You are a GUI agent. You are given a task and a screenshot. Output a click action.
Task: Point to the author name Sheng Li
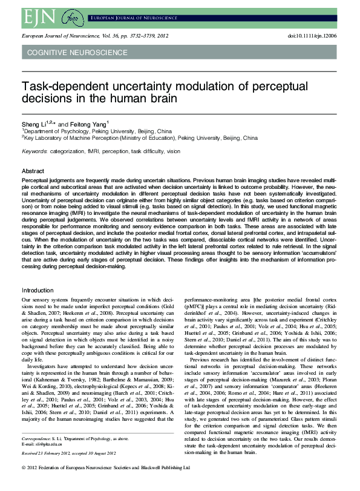click(x=32, y=123)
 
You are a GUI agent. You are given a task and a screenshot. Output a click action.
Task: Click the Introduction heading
click(x=38, y=291)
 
